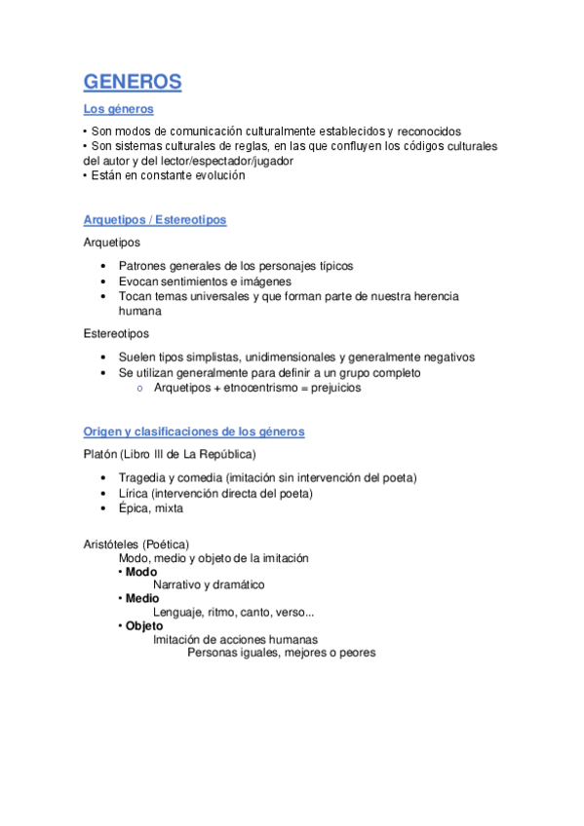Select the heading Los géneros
pos(118,110)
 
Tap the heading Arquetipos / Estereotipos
pos(155,220)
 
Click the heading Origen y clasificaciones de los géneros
pos(194,432)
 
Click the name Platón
pos(101,455)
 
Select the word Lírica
pos(135,493)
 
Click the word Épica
pos(136,508)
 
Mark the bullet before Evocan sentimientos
pos(104,282)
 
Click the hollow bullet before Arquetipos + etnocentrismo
pos(140,388)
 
